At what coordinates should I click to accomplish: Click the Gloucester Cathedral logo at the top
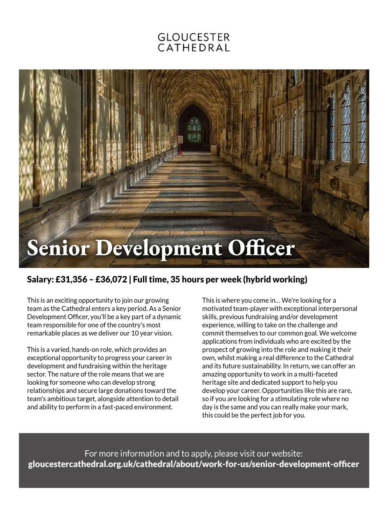[x=194, y=42]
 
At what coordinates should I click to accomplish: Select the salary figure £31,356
[x=72, y=280]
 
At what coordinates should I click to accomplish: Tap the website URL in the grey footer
[x=194, y=464]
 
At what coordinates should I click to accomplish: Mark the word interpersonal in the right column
[x=338, y=309]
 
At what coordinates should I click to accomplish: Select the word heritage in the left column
[x=154, y=366]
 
